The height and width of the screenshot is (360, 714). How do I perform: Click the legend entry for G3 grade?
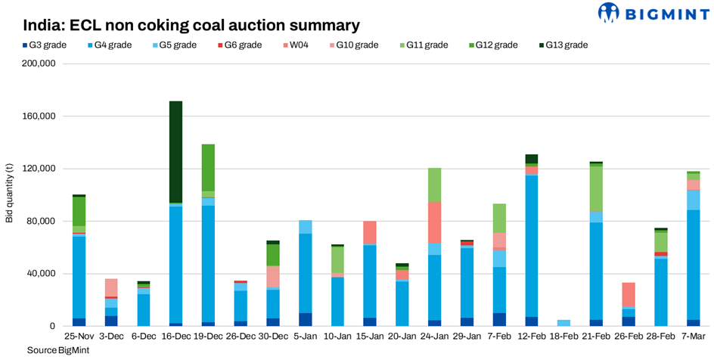pyautogui.click(x=39, y=45)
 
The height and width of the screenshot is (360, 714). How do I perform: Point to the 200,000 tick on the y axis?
pyautogui.click(x=39, y=64)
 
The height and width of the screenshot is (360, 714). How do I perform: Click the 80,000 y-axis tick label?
pyautogui.click(x=42, y=222)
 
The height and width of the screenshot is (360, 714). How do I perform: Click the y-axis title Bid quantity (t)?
pyautogui.click(x=9, y=195)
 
